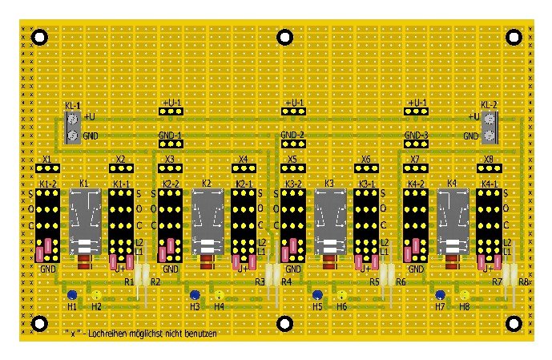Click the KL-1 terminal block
tap(73, 127)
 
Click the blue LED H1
tap(71, 294)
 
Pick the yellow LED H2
tap(95, 294)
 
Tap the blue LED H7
tap(439, 294)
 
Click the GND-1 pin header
tap(171, 145)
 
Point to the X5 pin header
tap(292, 168)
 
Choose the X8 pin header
tap(489, 168)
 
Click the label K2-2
tap(170, 184)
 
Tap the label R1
tap(130, 281)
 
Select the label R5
tap(374, 281)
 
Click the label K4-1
tap(489, 184)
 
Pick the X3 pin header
tap(170, 168)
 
